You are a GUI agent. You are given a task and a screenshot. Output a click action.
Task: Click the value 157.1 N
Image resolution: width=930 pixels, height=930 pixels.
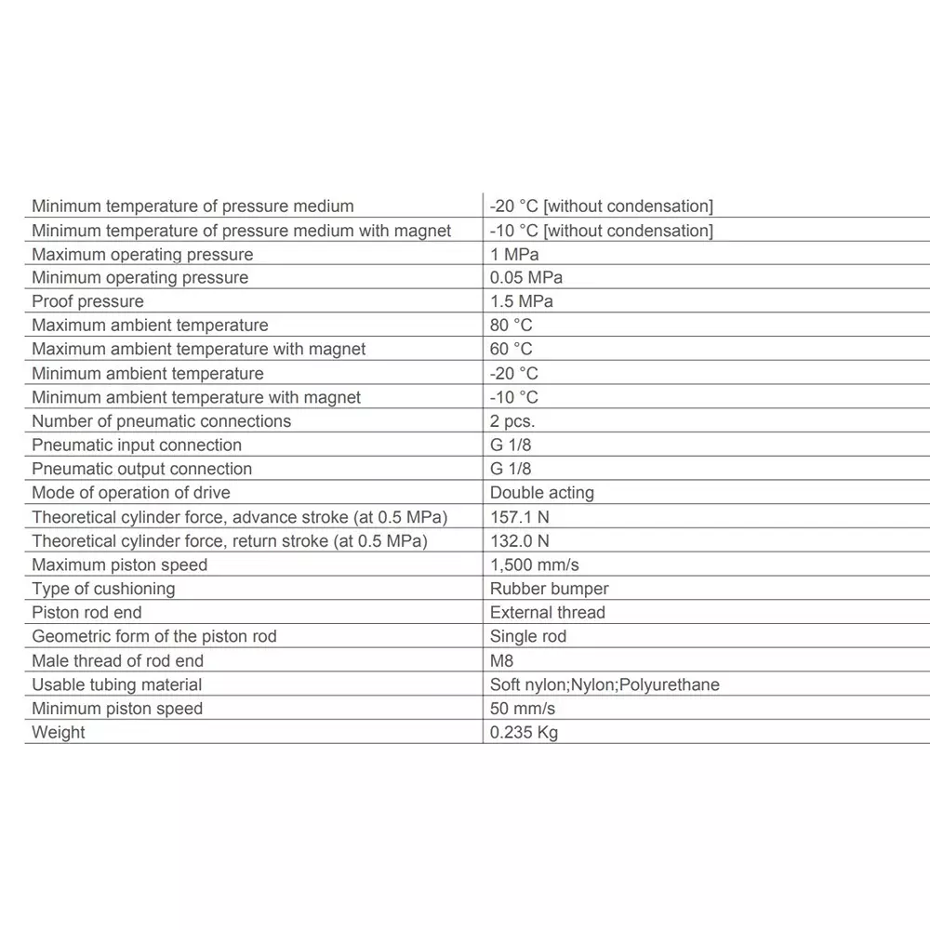click(x=519, y=517)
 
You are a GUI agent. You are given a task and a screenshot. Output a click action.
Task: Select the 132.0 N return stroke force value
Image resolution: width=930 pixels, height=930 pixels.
click(x=519, y=540)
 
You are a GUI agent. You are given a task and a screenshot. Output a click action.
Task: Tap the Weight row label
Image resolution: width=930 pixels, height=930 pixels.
click(x=58, y=732)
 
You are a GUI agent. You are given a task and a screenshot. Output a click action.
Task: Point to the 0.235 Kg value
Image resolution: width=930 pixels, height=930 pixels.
click(x=524, y=732)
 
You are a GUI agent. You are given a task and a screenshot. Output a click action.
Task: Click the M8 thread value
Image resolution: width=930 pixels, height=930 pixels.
click(x=501, y=660)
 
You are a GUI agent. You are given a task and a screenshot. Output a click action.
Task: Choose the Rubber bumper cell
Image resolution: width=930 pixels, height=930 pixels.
click(x=549, y=589)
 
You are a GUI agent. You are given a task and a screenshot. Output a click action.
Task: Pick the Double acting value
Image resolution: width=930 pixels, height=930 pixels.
click(x=541, y=493)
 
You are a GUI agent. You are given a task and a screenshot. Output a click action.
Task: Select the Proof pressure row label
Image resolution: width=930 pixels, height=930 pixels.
click(x=87, y=301)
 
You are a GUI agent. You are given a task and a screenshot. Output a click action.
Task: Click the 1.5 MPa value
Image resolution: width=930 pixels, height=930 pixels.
click(x=521, y=301)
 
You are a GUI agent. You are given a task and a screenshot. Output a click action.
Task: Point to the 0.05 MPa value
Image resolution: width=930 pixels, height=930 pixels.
click(x=525, y=277)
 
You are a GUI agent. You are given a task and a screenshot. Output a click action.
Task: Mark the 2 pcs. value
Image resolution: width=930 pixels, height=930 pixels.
click(x=512, y=421)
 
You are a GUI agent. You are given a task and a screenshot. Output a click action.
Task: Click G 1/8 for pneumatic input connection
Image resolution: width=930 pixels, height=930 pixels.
click(x=511, y=445)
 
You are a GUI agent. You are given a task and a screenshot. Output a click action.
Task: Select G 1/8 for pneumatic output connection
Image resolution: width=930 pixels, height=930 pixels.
click(x=511, y=469)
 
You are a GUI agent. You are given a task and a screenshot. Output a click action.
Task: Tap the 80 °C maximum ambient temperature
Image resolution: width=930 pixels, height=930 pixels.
click(x=511, y=325)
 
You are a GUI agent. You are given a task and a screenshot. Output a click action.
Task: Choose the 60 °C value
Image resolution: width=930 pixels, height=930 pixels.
click(x=511, y=349)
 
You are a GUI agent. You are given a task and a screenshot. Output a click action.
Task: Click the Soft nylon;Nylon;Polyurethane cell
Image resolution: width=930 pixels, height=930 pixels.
click(x=604, y=684)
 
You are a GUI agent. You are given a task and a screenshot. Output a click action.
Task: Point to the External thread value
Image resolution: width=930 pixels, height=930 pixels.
click(x=547, y=613)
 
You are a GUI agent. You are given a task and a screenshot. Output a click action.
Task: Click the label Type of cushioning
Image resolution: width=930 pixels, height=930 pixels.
click(x=103, y=589)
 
